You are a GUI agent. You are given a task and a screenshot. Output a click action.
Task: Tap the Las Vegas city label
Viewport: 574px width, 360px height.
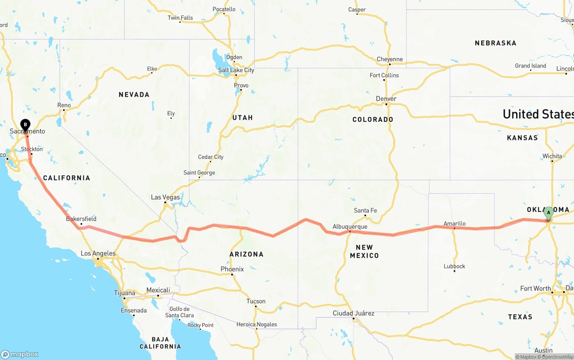(x=165, y=197)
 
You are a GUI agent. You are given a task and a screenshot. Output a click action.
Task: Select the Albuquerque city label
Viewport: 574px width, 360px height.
(x=350, y=227)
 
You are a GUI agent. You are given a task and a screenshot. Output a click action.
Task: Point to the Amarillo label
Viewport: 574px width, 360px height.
(x=454, y=223)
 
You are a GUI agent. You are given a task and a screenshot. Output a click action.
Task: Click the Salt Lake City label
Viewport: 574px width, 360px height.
(x=236, y=70)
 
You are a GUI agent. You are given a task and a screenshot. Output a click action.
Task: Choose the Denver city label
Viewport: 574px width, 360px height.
(x=386, y=99)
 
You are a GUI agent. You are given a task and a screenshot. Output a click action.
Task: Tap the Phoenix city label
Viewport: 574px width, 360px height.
(x=232, y=269)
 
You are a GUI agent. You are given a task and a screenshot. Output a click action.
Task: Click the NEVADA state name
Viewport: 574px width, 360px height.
(x=134, y=95)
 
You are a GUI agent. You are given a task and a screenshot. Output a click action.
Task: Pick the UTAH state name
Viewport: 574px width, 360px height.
(x=242, y=117)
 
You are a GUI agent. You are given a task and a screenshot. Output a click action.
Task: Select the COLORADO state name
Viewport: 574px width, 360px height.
(x=373, y=120)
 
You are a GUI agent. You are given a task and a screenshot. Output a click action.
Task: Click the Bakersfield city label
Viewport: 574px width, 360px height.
(x=81, y=219)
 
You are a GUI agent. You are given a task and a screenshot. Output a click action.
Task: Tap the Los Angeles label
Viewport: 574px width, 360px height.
(x=98, y=254)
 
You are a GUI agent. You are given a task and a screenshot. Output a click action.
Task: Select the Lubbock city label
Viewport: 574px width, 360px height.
(x=454, y=266)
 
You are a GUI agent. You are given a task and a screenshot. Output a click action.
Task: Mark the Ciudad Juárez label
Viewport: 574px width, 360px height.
(x=353, y=313)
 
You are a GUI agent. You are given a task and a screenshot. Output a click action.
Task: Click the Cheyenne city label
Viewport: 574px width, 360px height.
(x=389, y=59)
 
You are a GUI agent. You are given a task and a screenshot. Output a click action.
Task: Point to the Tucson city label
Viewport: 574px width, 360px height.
(x=256, y=301)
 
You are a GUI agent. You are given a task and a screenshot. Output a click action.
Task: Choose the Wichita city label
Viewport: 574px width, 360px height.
(x=552, y=156)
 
